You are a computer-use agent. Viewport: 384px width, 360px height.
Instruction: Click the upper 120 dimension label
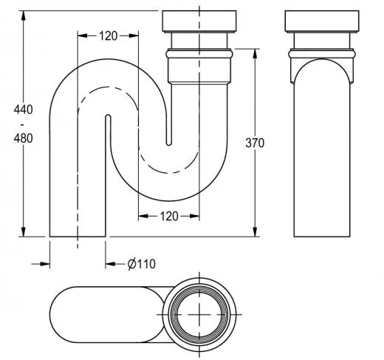pos(108,35)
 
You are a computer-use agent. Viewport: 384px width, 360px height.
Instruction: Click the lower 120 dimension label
pos(169,216)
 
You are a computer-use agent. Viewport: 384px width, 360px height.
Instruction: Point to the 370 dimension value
pos(255,142)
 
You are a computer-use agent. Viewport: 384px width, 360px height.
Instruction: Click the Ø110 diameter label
pos(141,263)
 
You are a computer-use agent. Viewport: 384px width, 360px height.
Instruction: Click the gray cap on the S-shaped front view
pos(199,22)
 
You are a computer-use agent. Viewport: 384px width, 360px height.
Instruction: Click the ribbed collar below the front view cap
pos(199,55)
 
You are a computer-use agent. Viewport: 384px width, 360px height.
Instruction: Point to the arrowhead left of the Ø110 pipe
pos(45,262)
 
